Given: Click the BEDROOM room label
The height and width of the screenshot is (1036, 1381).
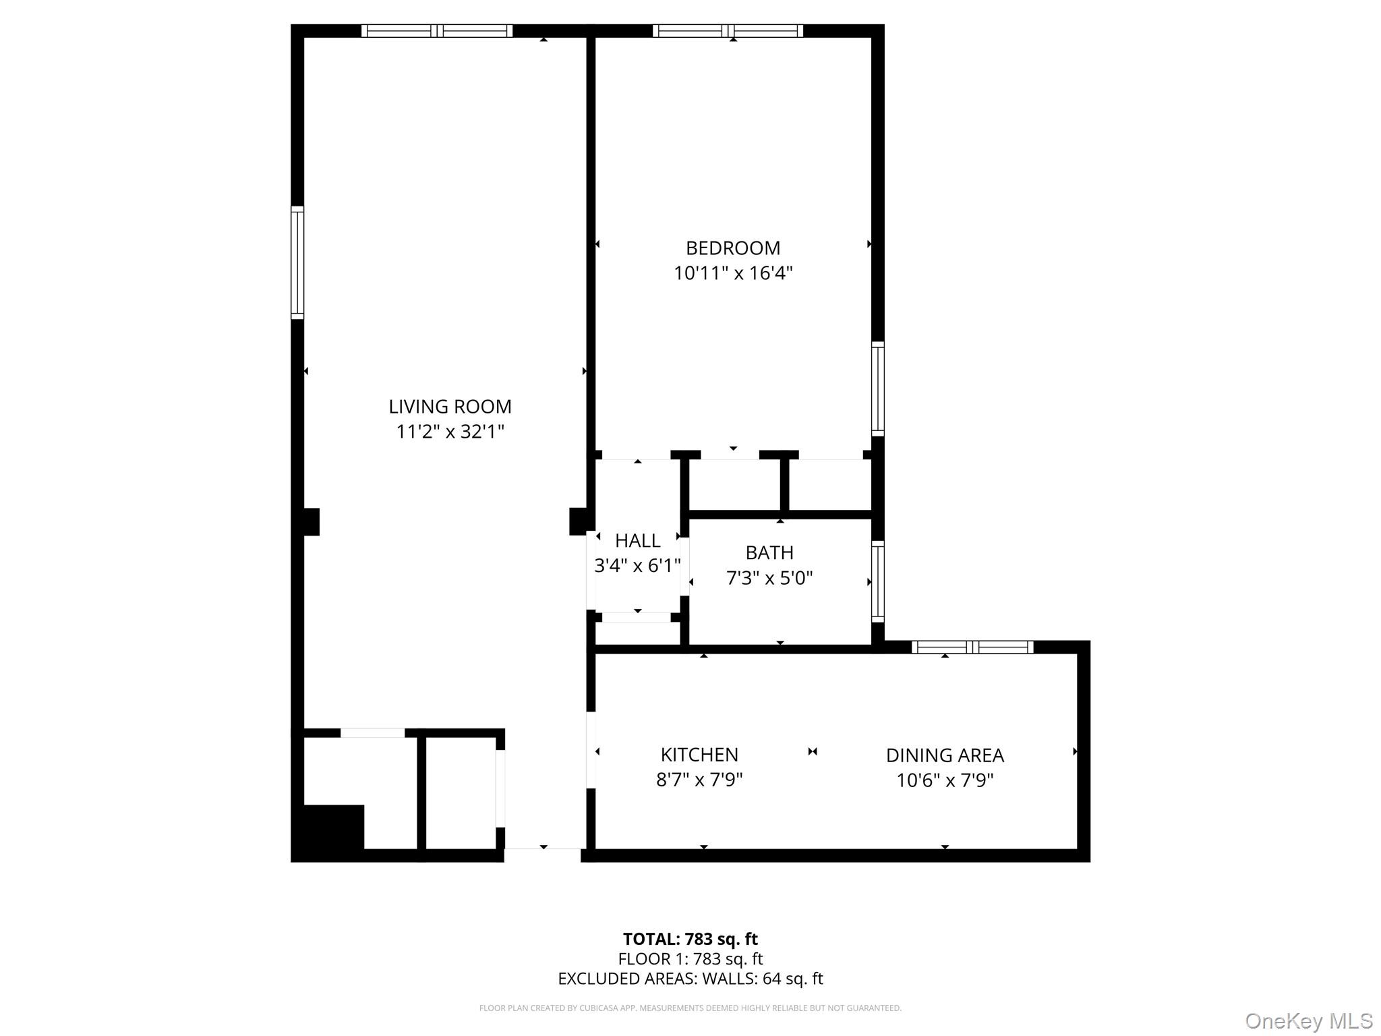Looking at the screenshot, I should [732, 248].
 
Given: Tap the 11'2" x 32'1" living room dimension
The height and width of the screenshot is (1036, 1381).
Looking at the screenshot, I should [450, 432].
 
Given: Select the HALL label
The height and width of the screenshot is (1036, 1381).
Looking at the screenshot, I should [637, 541].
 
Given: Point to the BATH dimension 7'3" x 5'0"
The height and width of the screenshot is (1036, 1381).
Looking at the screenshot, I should [769, 578].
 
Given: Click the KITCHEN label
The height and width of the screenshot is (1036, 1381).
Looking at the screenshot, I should [699, 754].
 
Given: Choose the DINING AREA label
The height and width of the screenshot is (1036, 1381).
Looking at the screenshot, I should [945, 755].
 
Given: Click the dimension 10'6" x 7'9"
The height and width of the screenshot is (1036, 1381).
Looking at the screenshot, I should [945, 780].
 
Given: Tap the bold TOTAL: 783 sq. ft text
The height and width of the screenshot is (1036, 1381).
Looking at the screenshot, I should [690, 939].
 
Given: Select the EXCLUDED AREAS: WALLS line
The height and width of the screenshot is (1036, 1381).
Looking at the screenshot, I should [690, 979].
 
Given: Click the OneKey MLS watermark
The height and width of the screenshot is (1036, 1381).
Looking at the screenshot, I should [1308, 1020].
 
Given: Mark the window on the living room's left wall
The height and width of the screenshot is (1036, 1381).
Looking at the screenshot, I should [297, 262].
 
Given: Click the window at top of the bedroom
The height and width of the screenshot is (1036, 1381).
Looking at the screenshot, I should [728, 31].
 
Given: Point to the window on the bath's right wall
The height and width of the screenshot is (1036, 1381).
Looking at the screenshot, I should [877, 581].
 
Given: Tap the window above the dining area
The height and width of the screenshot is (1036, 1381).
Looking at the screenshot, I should [972, 647].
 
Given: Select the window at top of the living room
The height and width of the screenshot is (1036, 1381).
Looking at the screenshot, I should [437, 31].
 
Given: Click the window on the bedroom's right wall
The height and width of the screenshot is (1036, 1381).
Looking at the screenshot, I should [877, 388].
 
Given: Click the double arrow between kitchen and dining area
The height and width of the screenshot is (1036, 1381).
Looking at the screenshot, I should [813, 751].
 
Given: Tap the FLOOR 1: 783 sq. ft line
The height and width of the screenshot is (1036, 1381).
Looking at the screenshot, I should [690, 959].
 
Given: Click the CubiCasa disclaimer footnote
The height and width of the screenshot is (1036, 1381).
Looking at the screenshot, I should [690, 1008].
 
